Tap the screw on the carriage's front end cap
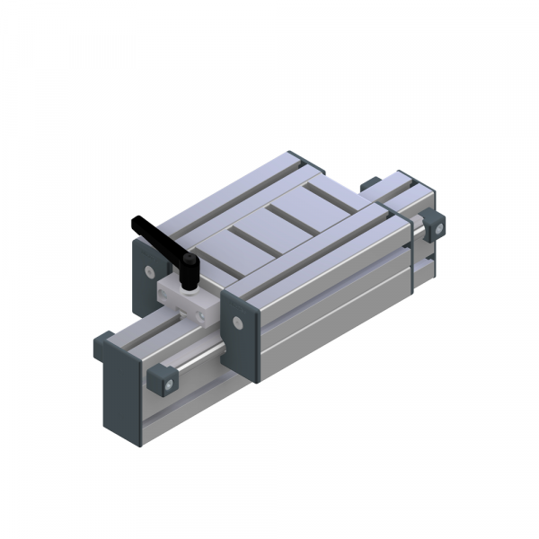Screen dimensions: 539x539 click(237, 322)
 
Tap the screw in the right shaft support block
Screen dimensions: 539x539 click(438, 228)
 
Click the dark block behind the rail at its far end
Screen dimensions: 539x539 click(369, 184)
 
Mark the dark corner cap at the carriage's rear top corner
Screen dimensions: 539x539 click(300, 161)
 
